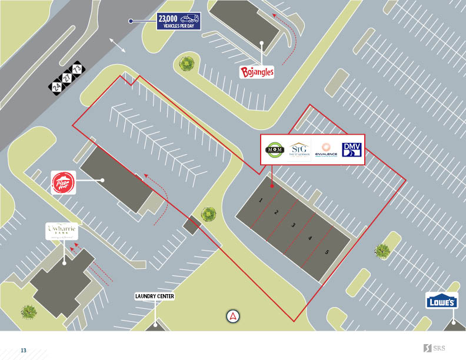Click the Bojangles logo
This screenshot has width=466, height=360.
(x=257, y=72)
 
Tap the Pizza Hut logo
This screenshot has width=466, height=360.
(x=64, y=182)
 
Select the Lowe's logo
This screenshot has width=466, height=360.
(x=441, y=302)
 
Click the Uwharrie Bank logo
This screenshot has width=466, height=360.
(x=62, y=231)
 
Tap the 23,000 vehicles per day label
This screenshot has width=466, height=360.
(x=179, y=21)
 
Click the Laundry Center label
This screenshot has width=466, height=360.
(x=155, y=296)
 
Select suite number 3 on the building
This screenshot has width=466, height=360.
(x=293, y=225)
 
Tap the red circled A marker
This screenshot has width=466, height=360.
(x=234, y=316)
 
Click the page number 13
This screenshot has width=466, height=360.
(x=24, y=351)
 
